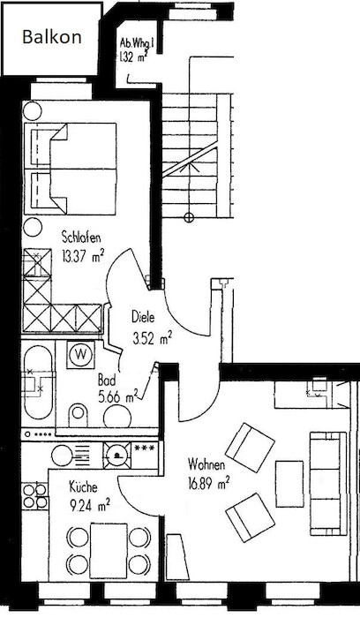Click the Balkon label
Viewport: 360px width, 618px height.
pyautogui.click(x=52, y=37)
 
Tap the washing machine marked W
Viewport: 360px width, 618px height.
pyautogui.click(x=80, y=355)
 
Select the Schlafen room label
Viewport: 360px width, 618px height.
pyautogui.click(x=81, y=237)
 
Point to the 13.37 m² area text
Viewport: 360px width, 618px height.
pyautogui.click(x=83, y=257)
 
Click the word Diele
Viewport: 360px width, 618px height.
pyautogui.click(x=143, y=317)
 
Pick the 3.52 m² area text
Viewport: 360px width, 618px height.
pyautogui.click(x=153, y=338)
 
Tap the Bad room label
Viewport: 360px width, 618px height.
pyautogui.click(x=107, y=381)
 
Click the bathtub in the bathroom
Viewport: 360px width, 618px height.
pyautogui.click(x=37, y=382)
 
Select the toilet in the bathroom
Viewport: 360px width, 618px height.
pyautogui.click(x=78, y=415)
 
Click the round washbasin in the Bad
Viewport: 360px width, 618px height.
pyautogui.click(x=117, y=417)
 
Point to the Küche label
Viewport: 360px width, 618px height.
pyautogui.click(x=83, y=486)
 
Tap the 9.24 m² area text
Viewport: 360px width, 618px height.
pyautogui.click(x=89, y=506)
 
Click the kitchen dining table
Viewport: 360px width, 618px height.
pyautogui.click(x=109, y=551)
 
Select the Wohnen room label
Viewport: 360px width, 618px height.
pyautogui.click(x=206, y=464)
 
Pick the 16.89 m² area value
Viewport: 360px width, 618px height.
pyautogui.click(x=208, y=484)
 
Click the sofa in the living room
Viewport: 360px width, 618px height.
pyautogui.click(x=328, y=483)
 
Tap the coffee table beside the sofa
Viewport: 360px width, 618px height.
pyautogui.click(x=289, y=484)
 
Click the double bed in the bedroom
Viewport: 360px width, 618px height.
pyautogui.click(x=70, y=170)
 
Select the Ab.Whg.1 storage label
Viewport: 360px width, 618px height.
pyautogui.click(x=133, y=44)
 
